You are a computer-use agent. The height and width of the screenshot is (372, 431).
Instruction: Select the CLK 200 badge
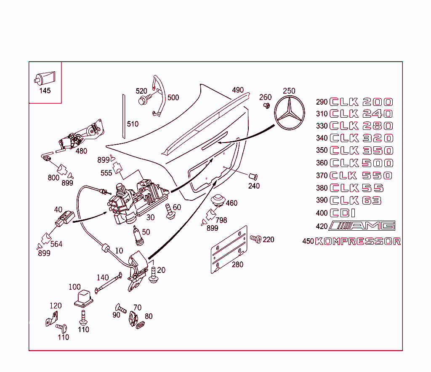pos(361,102)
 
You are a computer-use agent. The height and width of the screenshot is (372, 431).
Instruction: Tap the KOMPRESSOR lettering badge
pos(357,241)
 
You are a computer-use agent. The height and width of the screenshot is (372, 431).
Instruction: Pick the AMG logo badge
pos(362,226)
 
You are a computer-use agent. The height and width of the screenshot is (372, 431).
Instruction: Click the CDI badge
pos(343,213)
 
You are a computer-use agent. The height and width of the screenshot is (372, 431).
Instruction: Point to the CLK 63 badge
pos(355,200)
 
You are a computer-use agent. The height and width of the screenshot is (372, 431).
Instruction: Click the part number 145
pos(45,91)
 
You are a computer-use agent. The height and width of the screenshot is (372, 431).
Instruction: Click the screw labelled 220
pos(255,239)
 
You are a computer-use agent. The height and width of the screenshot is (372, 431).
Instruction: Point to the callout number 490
pos(238,90)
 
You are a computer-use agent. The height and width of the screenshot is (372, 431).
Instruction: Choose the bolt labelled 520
pos(144,100)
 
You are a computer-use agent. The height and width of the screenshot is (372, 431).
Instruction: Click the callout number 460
pos(231,203)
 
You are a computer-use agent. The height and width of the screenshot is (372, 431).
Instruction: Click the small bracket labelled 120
pos(52,318)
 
